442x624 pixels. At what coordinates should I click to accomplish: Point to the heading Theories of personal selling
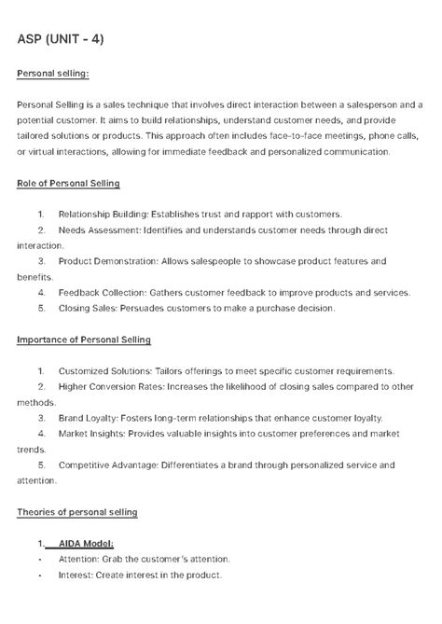coord(77,512)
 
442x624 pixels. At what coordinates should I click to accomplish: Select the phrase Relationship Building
coord(102,214)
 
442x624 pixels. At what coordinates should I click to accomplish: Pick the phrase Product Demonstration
coord(104,261)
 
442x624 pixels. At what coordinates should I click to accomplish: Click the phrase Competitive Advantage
coord(108,465)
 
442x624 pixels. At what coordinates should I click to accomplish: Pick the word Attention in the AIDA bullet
coord(77,559)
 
